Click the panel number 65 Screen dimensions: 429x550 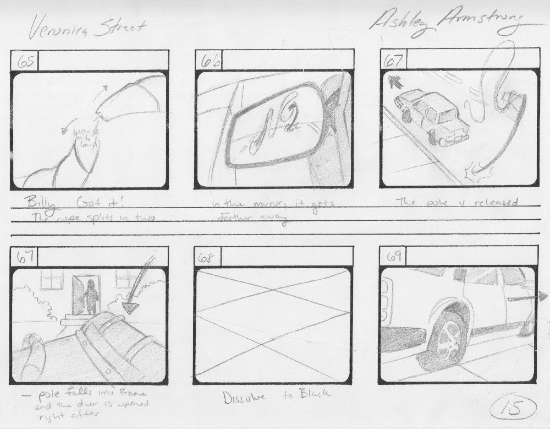25,62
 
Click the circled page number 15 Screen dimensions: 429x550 512,408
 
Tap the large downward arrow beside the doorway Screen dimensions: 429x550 133,298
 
